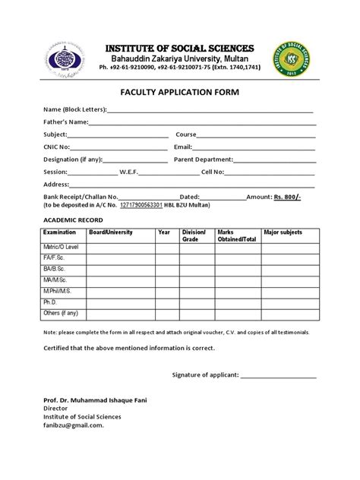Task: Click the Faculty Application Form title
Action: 180,93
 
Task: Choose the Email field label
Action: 183,147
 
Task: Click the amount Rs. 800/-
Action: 287,196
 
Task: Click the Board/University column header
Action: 110,232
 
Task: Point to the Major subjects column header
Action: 282,232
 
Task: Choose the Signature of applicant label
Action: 205,375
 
